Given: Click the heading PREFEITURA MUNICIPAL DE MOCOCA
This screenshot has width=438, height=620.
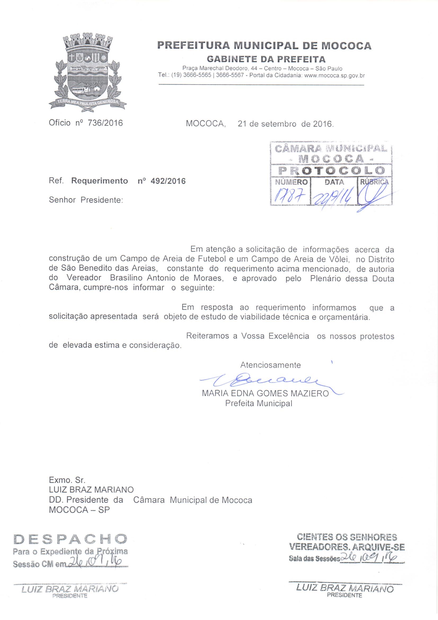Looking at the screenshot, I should pyautogui.click(x=264, y=46).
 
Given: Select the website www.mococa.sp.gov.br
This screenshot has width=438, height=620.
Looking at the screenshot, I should pyautogui.click(x=334, y=76).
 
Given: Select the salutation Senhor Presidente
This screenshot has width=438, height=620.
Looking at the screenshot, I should pyautogui.click(x=86, y=200).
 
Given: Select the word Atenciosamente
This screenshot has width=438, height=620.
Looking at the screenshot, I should pyautogui.click(x=271, y=365).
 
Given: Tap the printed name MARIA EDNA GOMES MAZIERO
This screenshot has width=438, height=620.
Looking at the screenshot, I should pyautogui.click(x=265, y=394).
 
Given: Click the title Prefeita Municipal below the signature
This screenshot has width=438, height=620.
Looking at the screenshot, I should pyautogui.click(x=259, y=403).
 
